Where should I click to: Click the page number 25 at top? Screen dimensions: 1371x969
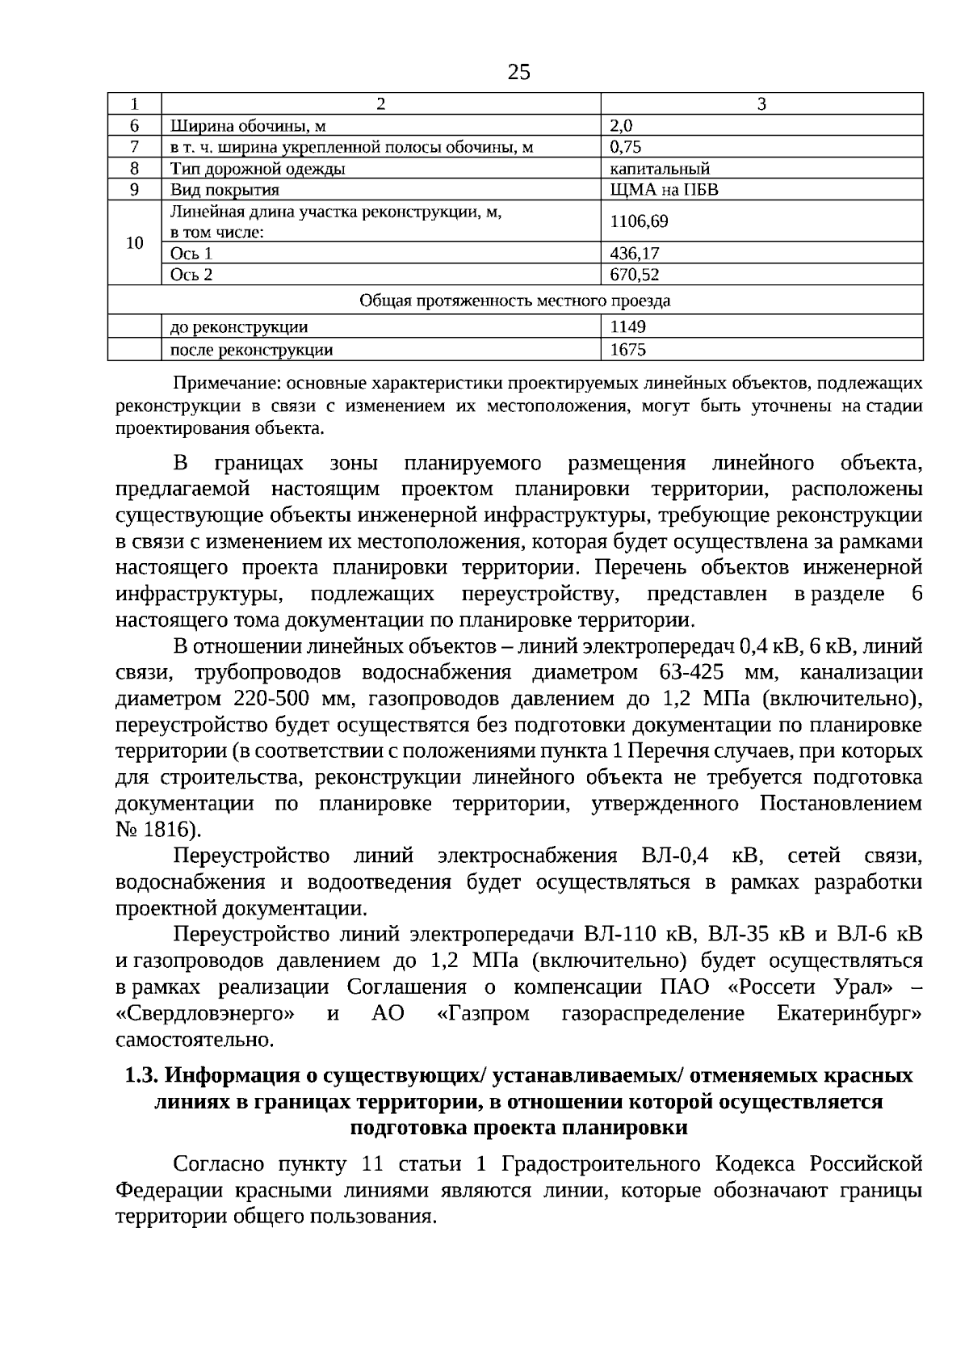(519, 73)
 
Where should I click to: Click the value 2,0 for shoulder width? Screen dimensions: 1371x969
(622, 125)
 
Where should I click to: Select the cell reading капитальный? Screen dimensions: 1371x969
(660, 168)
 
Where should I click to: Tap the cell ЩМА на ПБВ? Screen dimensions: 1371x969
(664, 190)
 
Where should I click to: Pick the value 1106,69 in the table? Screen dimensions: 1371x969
(639, 221)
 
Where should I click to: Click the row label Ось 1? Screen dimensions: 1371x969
(191, 253)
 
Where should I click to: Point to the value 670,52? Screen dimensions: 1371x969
(635, 275)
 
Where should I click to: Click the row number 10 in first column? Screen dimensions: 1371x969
(135, 242)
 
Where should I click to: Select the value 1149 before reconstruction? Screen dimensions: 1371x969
(627, 327)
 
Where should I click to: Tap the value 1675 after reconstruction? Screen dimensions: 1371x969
(627, 350)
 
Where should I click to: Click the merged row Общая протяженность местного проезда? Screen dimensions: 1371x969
(515, 301)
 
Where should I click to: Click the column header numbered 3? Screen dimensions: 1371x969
(761, 103)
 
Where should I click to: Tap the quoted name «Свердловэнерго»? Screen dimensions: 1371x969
(204, 1013)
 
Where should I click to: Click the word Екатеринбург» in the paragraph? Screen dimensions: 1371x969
(849, 1013)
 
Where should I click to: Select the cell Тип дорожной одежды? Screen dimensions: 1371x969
(258, 168)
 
